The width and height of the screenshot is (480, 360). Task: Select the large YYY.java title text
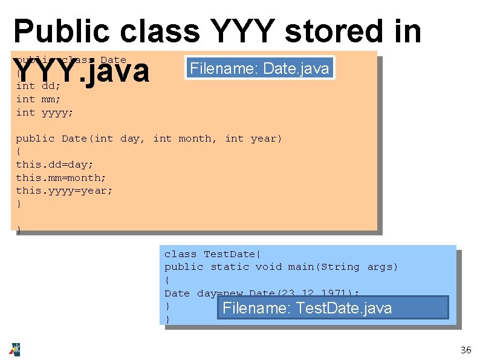[82, 70]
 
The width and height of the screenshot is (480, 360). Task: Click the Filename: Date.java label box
[259, 68]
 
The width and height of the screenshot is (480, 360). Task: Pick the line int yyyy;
[44, 113]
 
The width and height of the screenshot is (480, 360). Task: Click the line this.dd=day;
[54, 165]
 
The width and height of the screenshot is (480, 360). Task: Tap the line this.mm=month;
[60, 178]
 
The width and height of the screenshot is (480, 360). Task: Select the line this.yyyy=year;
[64, 191]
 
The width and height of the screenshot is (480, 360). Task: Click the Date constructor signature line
[149, 139]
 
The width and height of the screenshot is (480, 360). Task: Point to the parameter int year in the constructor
[253, 139]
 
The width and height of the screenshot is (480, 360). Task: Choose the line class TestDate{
[212, 254]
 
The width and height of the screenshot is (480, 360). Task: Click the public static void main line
[281, 267]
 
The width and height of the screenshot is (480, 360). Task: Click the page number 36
[465, 350]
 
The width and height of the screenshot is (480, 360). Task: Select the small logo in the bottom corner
[14, 349]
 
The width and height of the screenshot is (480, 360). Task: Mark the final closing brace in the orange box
[19, 230]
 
